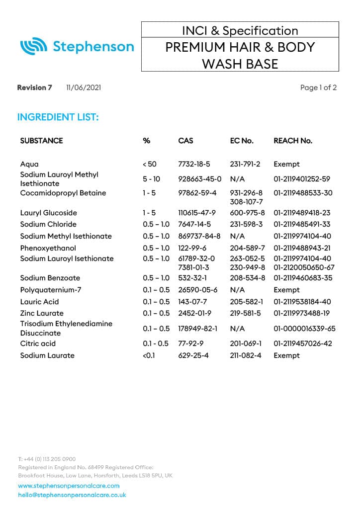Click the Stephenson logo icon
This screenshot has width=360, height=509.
pos(33,47)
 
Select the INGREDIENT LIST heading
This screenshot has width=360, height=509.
pos(58,117)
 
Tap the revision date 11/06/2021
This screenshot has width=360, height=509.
pos(84,88)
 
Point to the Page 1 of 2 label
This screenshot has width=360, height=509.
pos(318,88)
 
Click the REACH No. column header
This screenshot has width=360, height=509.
pos(293,141)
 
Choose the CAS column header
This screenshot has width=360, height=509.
pos(185,141)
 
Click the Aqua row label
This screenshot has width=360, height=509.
pos(29,164)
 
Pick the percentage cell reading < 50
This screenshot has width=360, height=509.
pos(149,164)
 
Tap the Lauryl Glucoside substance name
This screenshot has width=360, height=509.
pos(49,213)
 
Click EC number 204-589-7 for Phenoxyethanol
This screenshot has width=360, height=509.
pos(247,248)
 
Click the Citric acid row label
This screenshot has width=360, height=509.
pos(38,343)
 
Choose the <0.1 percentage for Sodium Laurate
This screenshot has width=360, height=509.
pos(149,355)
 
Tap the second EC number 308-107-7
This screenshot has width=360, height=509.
pos(247,202)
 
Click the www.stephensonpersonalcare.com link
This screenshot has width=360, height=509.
pos(69,486)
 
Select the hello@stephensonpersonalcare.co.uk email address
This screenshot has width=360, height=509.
pos(72,495)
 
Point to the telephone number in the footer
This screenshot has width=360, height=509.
pos(47,459)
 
